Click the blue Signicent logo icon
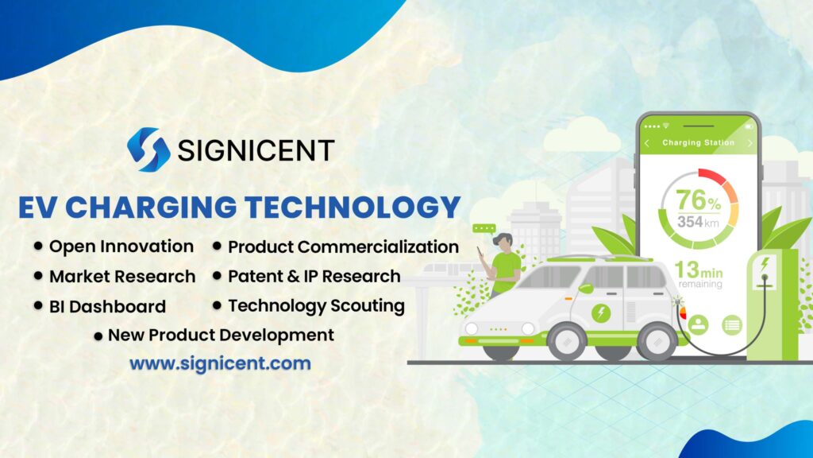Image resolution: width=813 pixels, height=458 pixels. (148, 149)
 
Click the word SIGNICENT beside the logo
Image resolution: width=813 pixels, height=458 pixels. (256, 150)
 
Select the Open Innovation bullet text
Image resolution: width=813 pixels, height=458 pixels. (121, 246)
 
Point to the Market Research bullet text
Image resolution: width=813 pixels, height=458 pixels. (121, 277)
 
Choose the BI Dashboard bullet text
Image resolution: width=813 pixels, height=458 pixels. (107, 306)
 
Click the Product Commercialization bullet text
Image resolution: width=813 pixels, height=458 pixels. (343, 247)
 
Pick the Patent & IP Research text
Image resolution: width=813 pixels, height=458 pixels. (314, 277)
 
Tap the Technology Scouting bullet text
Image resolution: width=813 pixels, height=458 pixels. (316, 305)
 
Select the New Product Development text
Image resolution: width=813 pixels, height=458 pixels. (221, 335)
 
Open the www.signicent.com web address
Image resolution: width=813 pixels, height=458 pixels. (220, 364)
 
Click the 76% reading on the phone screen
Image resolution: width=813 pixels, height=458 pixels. (698, 199)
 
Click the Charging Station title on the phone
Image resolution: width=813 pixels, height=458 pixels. (698, 143)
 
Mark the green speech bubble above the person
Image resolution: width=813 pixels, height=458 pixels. (484, 228)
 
